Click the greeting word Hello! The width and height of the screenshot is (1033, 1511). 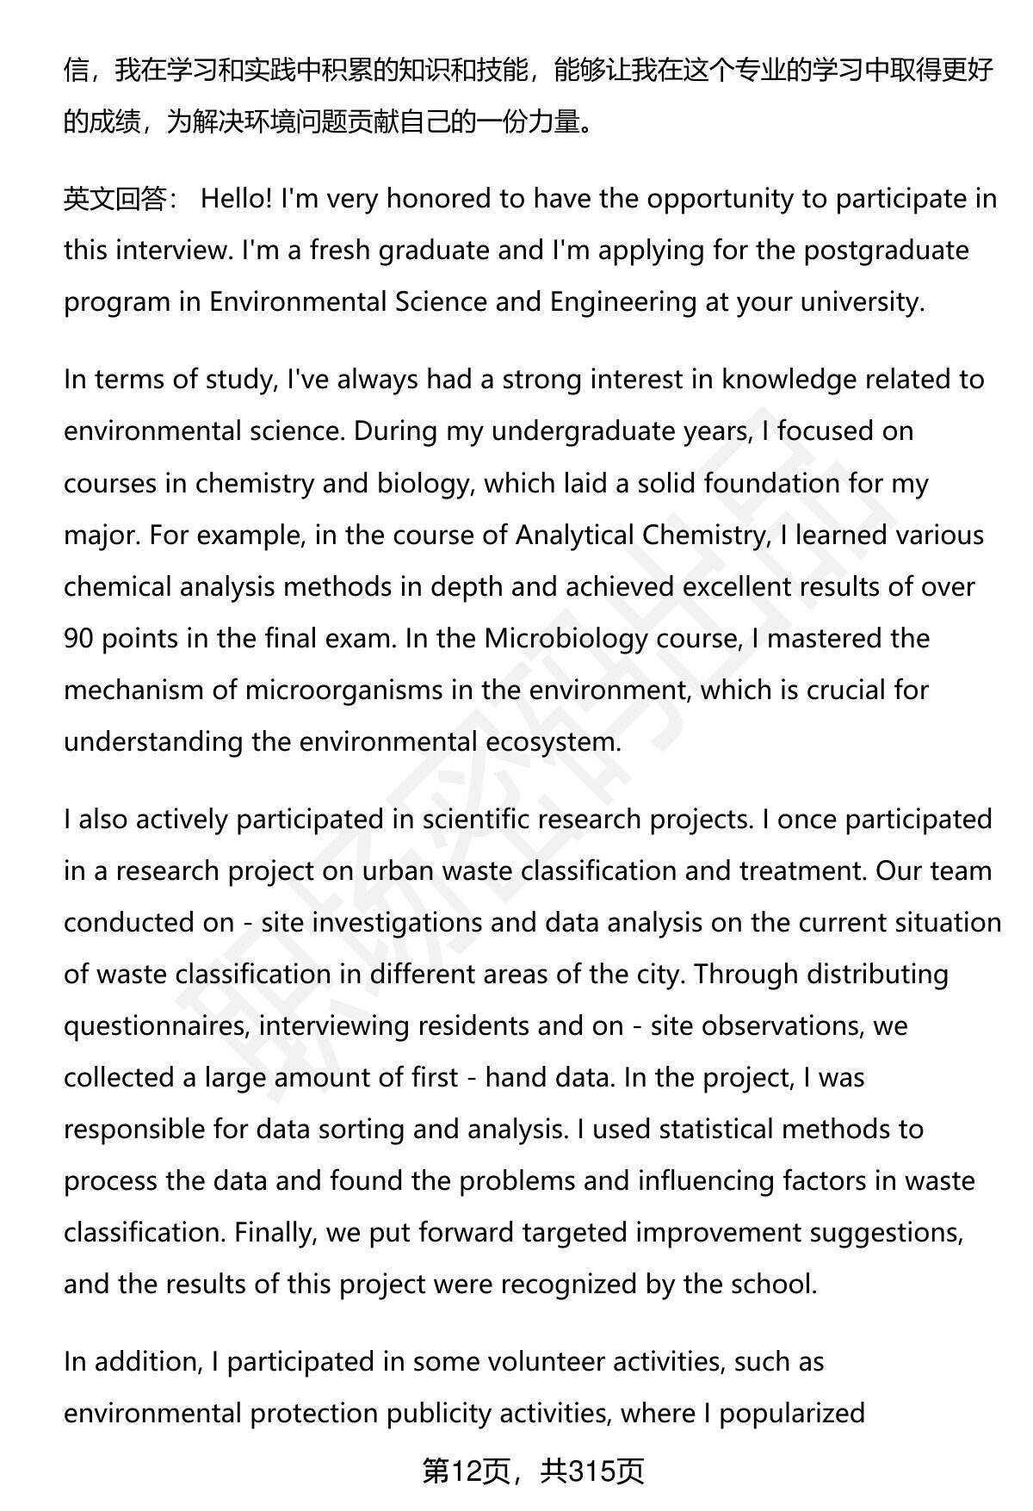pyautogui.click(x=237, y=199)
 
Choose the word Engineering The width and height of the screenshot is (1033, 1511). pyautogui.click(x=622, y=302)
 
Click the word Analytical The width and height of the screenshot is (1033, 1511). pyautogui.click(x=574, y=535)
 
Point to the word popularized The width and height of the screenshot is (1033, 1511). pyautogui.click(x=789, y=1413)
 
